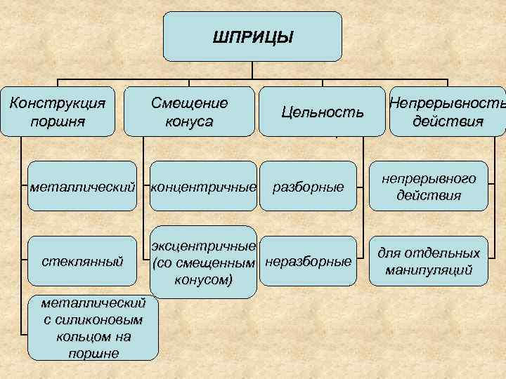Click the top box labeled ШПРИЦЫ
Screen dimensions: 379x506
(x=252, y=36)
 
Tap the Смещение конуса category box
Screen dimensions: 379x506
(x=189, y=111)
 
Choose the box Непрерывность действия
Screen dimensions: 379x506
(x=447, y=111)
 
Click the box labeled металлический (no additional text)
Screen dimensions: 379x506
(x=83, y=187)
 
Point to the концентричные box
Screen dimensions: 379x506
(x=202, y=187)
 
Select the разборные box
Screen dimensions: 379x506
(x=308, y=187)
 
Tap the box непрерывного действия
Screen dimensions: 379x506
(x=429, y=187)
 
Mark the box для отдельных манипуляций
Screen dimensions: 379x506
(x=429, y=261)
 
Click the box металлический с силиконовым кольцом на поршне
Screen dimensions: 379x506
(x=93, y=328)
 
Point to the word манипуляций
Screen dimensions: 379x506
(x=429, y=270)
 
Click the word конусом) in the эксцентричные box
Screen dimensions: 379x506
(x=202, y=280)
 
